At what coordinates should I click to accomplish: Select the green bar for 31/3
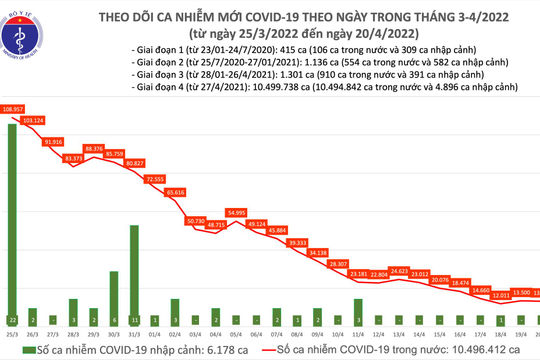tap(133, 269)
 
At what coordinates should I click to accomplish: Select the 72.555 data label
tap(155, 178)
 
